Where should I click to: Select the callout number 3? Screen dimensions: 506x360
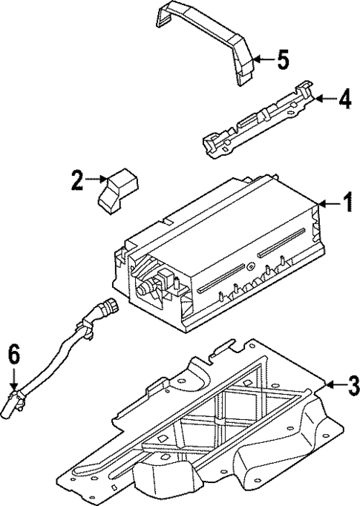coord(353,384)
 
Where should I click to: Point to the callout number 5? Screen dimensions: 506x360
coord(281,59)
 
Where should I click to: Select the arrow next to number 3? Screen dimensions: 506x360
coord(333,384)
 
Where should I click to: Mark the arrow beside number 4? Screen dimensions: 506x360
coord(322,97)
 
